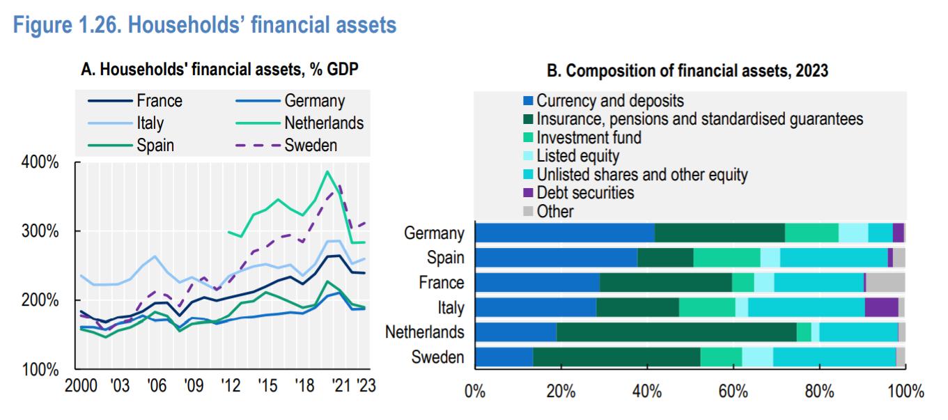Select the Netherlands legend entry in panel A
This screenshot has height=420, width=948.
[323, 123]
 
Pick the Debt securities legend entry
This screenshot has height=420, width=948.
[585, 192]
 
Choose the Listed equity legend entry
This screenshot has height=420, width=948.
[577, 155]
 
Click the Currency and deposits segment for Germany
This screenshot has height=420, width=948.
[565, 233]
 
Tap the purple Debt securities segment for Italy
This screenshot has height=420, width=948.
[881, 307]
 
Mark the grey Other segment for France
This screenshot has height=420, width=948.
[885, 282]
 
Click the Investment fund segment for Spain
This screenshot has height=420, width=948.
[726, 258]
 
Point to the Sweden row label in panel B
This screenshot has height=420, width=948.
[437, 358]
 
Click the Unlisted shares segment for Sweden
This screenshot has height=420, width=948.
[834, 357]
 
